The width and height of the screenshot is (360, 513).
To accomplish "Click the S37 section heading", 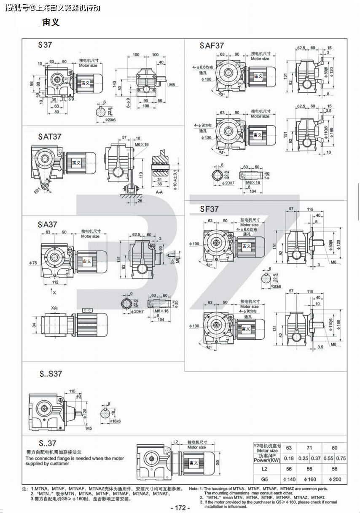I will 45,45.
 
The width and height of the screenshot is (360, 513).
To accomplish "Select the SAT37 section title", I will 50,137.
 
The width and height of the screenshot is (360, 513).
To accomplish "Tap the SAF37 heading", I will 212,46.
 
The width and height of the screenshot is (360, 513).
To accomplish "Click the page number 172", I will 180,508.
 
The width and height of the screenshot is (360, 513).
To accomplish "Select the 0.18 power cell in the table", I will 289,459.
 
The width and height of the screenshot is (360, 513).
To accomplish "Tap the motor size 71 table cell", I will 309,448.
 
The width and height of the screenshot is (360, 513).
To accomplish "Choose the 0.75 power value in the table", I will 341,459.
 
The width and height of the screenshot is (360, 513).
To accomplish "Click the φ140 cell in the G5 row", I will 289,479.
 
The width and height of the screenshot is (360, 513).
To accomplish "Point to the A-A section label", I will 159,192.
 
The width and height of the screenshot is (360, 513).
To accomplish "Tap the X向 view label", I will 54,308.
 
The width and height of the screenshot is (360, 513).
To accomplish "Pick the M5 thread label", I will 89,429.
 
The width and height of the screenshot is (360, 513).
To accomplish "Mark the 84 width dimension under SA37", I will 35,325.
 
